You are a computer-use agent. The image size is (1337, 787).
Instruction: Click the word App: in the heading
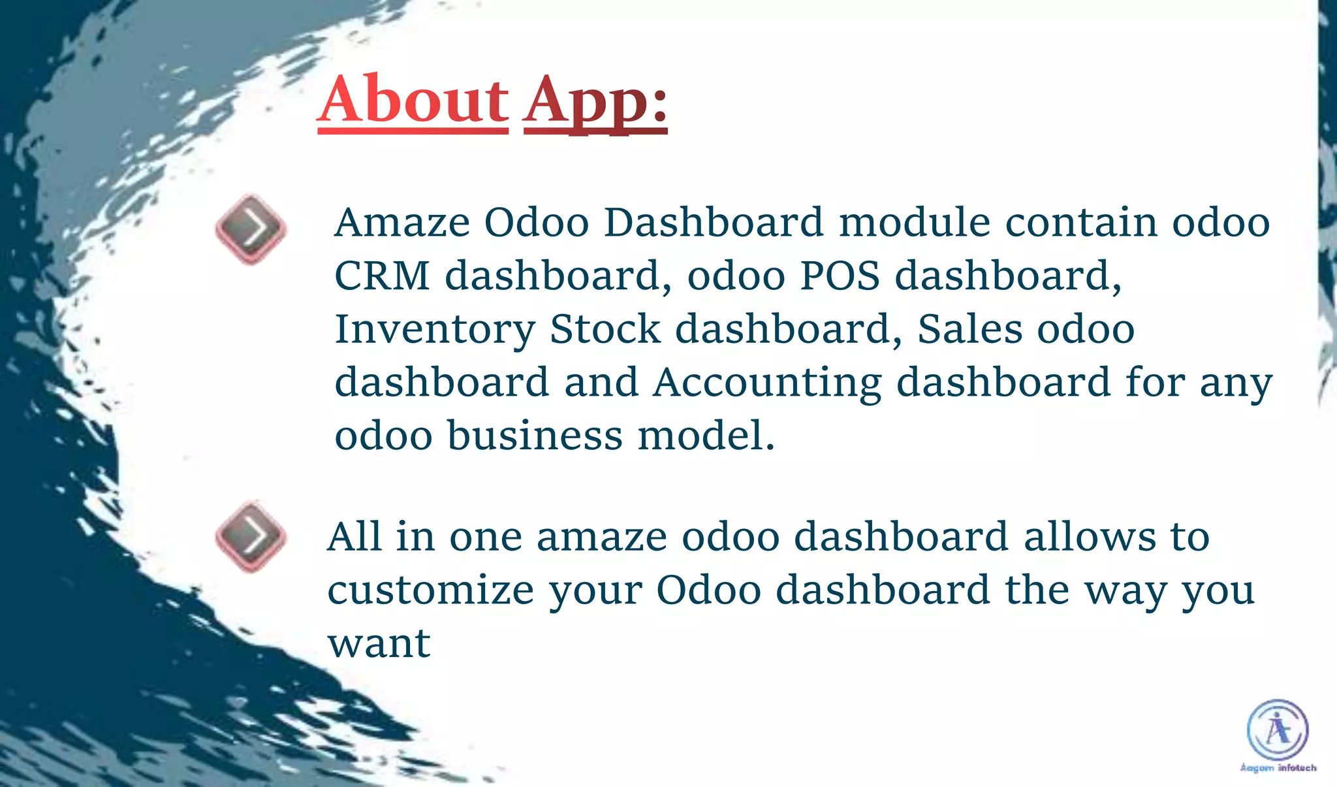pyautogui.click(x=595, y=101)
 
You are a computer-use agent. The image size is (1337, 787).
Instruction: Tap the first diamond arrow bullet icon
pyautogui.click(x=251, y=229)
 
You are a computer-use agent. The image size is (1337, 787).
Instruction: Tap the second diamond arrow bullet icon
pyautogui.click(x=251, y=536)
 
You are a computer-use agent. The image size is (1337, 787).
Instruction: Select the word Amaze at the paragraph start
pyautogui.click(x=401, y=223)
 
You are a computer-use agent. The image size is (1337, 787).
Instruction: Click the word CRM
pyautogui.click(x=382, y=276)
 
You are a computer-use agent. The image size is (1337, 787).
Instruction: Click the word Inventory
pyautogui.click(x=435, y=329)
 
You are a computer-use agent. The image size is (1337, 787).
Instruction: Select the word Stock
pyautogui.click(x=605, y=329)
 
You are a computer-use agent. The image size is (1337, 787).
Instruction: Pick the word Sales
pyautogui.click(x=970, y=329)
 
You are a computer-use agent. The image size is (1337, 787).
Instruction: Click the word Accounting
pyautogui.click(x=767, y=383)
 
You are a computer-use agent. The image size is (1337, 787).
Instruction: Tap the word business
pyautogui.click(x=535, y=436)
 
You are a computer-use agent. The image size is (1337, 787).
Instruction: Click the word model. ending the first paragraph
pyautogui.click(x=706, y=436)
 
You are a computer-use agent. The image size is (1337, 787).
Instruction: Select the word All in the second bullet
pyautogui.click(x=354, y=537)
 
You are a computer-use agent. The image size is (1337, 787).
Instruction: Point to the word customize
pyautogui.click(x=430, y=590)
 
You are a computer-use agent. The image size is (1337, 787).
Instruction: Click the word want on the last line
pyautogui.click(x=379, y=644)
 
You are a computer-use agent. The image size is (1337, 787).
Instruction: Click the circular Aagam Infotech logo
pyautogui.click(x=1278, y=730)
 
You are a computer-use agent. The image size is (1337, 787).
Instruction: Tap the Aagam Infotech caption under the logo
pyautogui.click(x=1278, y=768)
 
